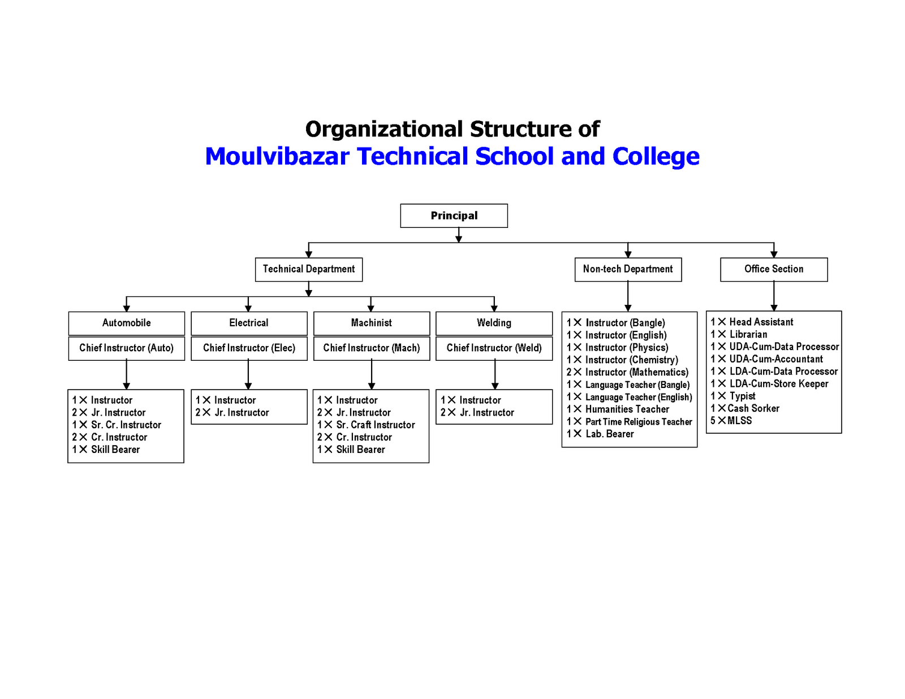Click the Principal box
click(x=454, y=215)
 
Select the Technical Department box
click(x=308, y=269)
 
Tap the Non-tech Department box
click(x=628, y=269)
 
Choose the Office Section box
click(x=773, y=269)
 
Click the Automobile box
click(x=126, y=323)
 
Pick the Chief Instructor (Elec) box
click(x=249, y=348)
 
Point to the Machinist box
click(x=371, y=323)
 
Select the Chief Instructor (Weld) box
click(x=494, y=348)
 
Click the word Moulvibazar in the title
click(x=277, y=157)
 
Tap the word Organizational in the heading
click(x=384, y=130)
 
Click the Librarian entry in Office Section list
click(x=748, y=334)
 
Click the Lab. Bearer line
click(x=609, y=434)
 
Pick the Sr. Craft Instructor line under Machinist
click(x=375, y=425)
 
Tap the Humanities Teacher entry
click(x=627, y=409)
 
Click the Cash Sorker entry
click(x=753, y=408)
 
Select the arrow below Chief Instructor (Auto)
click(x=126, y=374)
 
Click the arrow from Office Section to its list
click(x=774, y=296)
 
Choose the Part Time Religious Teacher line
click(x=638, y=422)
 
